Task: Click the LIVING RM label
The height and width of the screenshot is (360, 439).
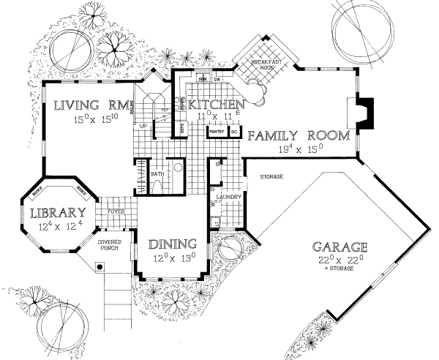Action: coord(93,105)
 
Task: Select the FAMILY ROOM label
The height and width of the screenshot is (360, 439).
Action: coord(290,135)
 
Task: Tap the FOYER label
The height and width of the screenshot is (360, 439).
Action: coord(116,212)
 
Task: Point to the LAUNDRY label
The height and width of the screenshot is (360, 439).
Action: coord(228,197)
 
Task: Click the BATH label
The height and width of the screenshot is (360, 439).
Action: coord(156,174)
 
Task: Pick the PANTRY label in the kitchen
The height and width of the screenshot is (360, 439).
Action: coord(217,133)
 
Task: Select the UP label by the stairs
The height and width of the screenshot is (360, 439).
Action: coord(144,126)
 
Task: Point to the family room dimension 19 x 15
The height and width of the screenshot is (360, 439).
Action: coord(301,149)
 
